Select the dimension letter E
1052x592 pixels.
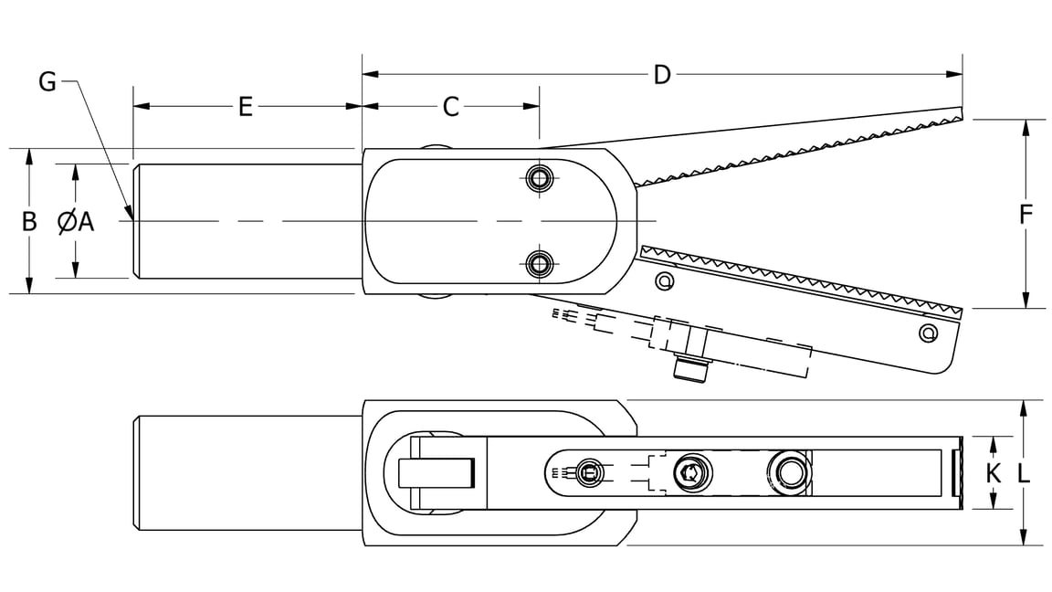point(245,107)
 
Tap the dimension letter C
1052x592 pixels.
point(450,107)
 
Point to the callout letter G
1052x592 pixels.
point(47,82)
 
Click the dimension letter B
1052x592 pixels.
point(29,221)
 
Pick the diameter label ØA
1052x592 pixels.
point(76,221)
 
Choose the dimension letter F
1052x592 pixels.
point(1026,215)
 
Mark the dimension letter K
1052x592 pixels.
point(994,473)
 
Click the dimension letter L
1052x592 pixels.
point(1025,473)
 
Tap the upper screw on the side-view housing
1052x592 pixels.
point(542,177)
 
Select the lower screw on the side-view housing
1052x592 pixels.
point(542,265)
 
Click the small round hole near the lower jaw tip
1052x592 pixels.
point(928,333)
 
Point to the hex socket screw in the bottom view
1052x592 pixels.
point(690,473)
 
